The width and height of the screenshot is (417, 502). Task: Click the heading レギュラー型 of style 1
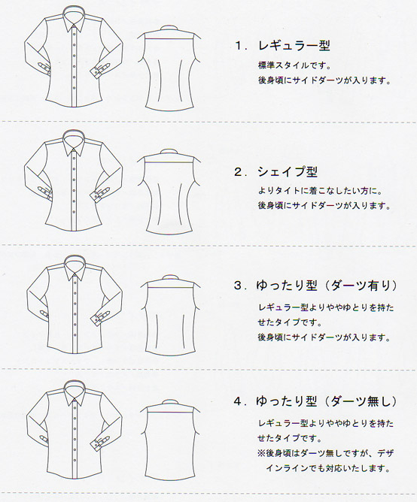click(294, 46)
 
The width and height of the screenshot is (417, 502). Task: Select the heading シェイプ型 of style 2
click(288, 172)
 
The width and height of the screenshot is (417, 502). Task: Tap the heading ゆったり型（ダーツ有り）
click(327, 286)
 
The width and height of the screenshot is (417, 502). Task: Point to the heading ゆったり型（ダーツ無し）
click(327, 401)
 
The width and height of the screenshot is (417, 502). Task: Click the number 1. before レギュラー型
click(241, 46)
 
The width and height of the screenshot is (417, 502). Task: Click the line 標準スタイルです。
click(294, 65)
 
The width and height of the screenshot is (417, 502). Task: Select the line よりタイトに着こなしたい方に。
click(320, 191)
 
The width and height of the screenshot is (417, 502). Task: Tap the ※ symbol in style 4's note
click(261, 453)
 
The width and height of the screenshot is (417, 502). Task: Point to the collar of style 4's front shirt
click(74, 393)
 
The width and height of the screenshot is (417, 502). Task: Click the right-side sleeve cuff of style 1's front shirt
click(102, 68)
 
